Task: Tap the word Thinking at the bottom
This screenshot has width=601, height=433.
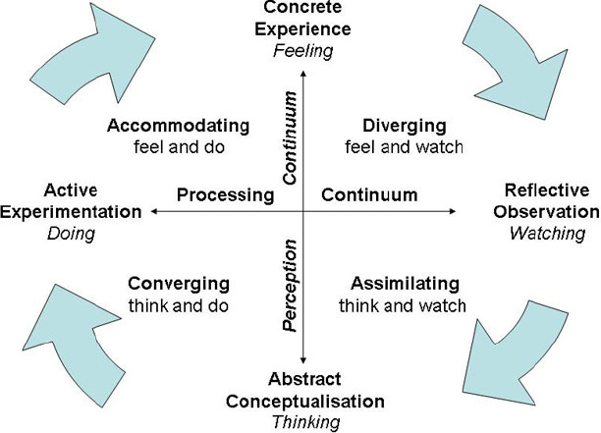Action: point(304,421)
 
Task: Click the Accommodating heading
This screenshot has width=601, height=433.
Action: point(179,127)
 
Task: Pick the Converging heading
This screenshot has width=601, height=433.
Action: point(179,284)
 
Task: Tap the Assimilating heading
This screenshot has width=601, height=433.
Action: point(405,284)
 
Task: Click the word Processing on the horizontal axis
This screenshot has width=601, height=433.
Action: point(225,194)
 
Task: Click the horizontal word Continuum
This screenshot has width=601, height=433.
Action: point(369,194)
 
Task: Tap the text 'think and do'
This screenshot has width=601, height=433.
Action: point(179,305)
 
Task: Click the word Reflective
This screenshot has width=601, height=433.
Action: point(547,189)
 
